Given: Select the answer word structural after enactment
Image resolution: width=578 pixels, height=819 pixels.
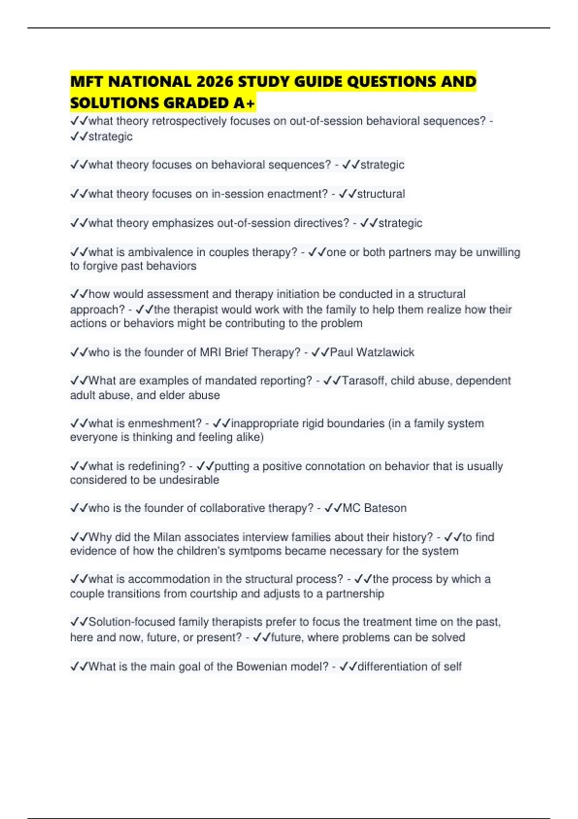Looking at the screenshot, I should [x=381, y=194].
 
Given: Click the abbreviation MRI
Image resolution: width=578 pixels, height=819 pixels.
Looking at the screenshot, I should [x=210, y=352].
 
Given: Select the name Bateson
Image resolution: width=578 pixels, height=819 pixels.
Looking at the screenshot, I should [x=385, y=508].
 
